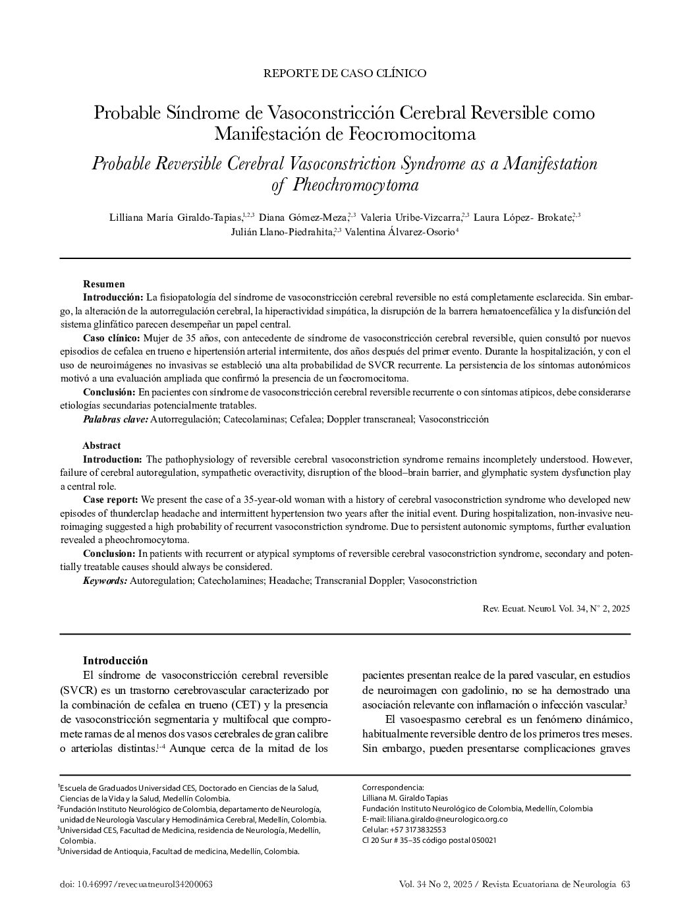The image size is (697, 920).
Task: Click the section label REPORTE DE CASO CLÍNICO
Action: (345, 73)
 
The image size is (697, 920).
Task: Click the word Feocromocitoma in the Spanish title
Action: (412, 134)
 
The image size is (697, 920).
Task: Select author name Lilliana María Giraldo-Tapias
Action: (176, 217)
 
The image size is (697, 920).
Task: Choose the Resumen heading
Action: (103, 284)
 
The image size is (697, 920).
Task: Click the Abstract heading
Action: (101, 446)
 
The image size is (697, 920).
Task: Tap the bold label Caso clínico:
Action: (111, 338)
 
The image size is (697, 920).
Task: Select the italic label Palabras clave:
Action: (115, 419)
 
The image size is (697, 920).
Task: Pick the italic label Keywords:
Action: (105, 581)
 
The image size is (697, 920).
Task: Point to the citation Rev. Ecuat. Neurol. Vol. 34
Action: (556, 608)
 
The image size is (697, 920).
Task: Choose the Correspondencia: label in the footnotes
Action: (393, 788)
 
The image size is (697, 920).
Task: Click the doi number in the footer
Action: (136, 884)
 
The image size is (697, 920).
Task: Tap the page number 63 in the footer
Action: (625, 884)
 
